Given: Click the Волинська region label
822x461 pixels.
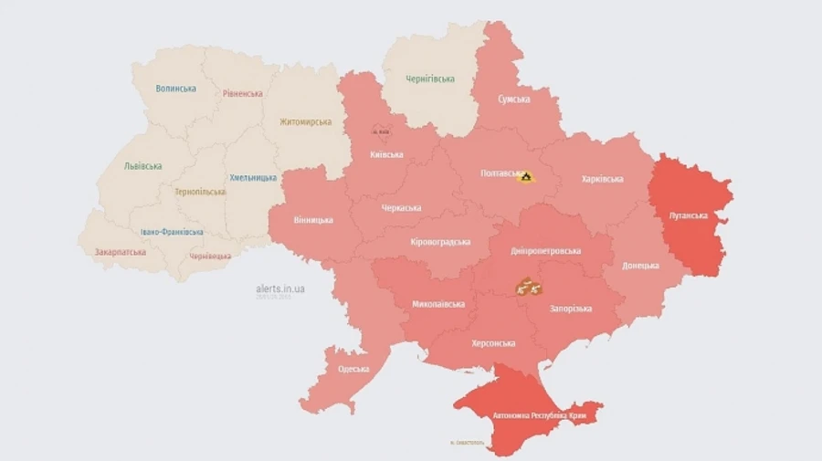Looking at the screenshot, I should coord(175,89).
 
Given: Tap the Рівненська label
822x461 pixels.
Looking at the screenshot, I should coord(242,93).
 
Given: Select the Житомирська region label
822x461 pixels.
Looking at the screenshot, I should coord(306,121).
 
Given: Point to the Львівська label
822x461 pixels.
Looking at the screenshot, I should coord(143,166).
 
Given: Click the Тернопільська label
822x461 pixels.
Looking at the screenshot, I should coord(199,192).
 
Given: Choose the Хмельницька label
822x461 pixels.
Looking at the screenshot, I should coord(253,177).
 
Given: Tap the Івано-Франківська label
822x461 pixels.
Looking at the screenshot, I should coord(173,232).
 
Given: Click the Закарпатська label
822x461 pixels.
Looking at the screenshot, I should coord(121,252).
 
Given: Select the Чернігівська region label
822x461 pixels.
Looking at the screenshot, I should coord(430,79).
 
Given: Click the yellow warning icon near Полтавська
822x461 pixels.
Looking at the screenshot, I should coord(525,176).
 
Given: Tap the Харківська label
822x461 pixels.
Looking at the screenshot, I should coord(602,179).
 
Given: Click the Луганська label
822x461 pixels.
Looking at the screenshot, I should coord(689,215).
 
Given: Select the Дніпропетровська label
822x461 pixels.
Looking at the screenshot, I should coord(546,250).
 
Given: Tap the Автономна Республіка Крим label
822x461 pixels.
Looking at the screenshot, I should coord(528,416).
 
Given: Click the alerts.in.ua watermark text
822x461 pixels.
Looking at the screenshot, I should coord(280,288).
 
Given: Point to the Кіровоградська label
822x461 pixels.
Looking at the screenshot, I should coord(440,242).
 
